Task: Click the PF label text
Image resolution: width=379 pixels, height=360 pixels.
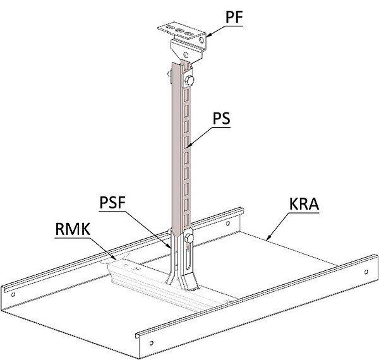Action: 234,17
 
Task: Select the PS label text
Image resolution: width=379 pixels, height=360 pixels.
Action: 222,118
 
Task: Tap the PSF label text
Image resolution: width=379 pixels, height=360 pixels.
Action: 112,203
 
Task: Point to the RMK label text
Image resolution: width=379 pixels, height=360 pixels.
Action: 73,229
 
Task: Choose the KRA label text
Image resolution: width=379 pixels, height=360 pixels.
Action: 304,204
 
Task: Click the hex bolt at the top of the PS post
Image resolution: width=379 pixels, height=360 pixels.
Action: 189,80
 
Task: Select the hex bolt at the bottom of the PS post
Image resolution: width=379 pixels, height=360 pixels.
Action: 189,238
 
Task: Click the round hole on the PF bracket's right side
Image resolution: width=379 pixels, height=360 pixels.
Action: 201,40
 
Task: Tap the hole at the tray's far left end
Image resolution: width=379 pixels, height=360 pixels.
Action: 13,294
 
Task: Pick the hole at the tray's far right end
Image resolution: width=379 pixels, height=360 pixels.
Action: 366,272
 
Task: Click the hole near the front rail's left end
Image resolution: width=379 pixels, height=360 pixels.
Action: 152,342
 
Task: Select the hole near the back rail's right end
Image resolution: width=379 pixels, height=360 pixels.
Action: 227,223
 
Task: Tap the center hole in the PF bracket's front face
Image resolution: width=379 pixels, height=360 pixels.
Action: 185,54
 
